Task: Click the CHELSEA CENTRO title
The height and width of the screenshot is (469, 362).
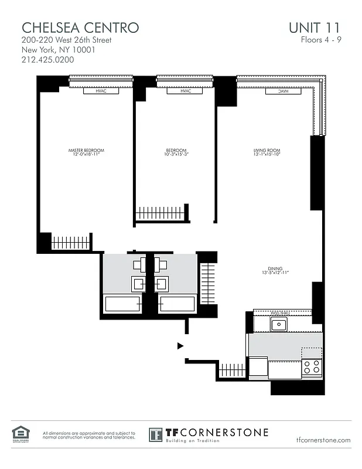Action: (80, 27)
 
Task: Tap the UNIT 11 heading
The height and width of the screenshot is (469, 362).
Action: (315, 27)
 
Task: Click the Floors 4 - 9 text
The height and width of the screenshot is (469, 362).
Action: (320, 40)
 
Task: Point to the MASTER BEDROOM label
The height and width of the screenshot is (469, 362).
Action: (86, 151)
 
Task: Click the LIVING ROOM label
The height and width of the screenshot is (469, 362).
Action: (267, 151)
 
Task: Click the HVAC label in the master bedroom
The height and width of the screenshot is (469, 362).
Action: (101, 91)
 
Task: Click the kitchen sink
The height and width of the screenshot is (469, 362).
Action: (278, 325)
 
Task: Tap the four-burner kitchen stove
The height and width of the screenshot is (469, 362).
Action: (311, 366)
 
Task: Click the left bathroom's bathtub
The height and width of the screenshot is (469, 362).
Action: (123, 304)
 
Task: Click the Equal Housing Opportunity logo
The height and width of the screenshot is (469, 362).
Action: (19, 434)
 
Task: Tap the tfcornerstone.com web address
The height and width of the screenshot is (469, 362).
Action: (323, 440)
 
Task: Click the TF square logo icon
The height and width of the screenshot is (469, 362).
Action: (155, 434)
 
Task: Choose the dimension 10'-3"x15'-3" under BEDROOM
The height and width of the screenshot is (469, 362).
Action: (176, 155)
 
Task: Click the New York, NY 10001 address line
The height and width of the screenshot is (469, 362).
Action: (58, 49)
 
